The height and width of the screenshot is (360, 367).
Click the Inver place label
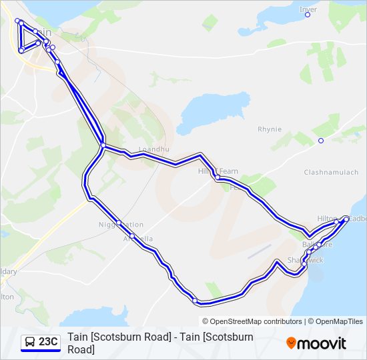(x=308, y=9)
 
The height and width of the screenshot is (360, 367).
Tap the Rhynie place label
(x=270, y=129)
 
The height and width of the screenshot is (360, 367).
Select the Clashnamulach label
(x=326, y=172)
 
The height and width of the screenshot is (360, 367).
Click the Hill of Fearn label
(x=218, y=171)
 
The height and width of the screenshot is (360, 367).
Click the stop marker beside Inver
(x=308, y=15)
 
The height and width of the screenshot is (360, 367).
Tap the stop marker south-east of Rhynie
(x=320, y=141)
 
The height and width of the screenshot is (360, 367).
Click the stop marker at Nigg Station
(x=118, y=223)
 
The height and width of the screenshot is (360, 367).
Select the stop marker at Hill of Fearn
(x=218, y=177)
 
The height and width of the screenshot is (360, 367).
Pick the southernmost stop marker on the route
(x=196, y=301)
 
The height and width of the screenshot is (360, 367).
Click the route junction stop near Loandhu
(x=103, y=145)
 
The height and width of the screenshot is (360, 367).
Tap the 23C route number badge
(x=48, y=342)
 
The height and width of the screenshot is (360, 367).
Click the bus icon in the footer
(x=30, y=342)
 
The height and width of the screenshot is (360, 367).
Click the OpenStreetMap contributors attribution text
(x=256, y=321)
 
